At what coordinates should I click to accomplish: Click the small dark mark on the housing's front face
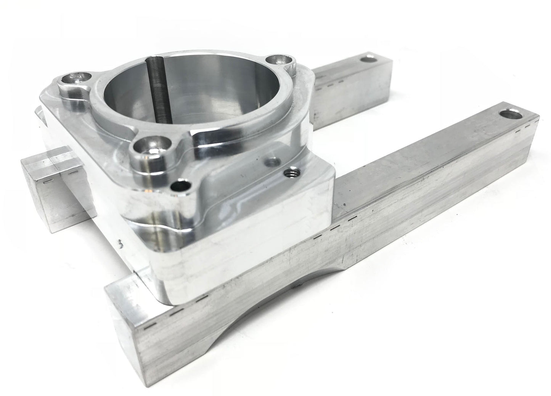click(x=121, y=244)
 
